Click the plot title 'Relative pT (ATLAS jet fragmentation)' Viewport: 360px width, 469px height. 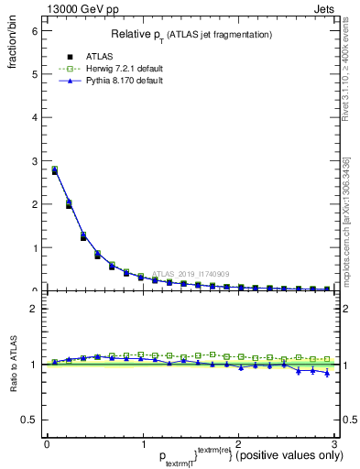click(x=191, y=35)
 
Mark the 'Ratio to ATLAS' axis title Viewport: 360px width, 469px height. click(x=12, y=365)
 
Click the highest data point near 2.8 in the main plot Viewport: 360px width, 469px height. click(x=54, y=169)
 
